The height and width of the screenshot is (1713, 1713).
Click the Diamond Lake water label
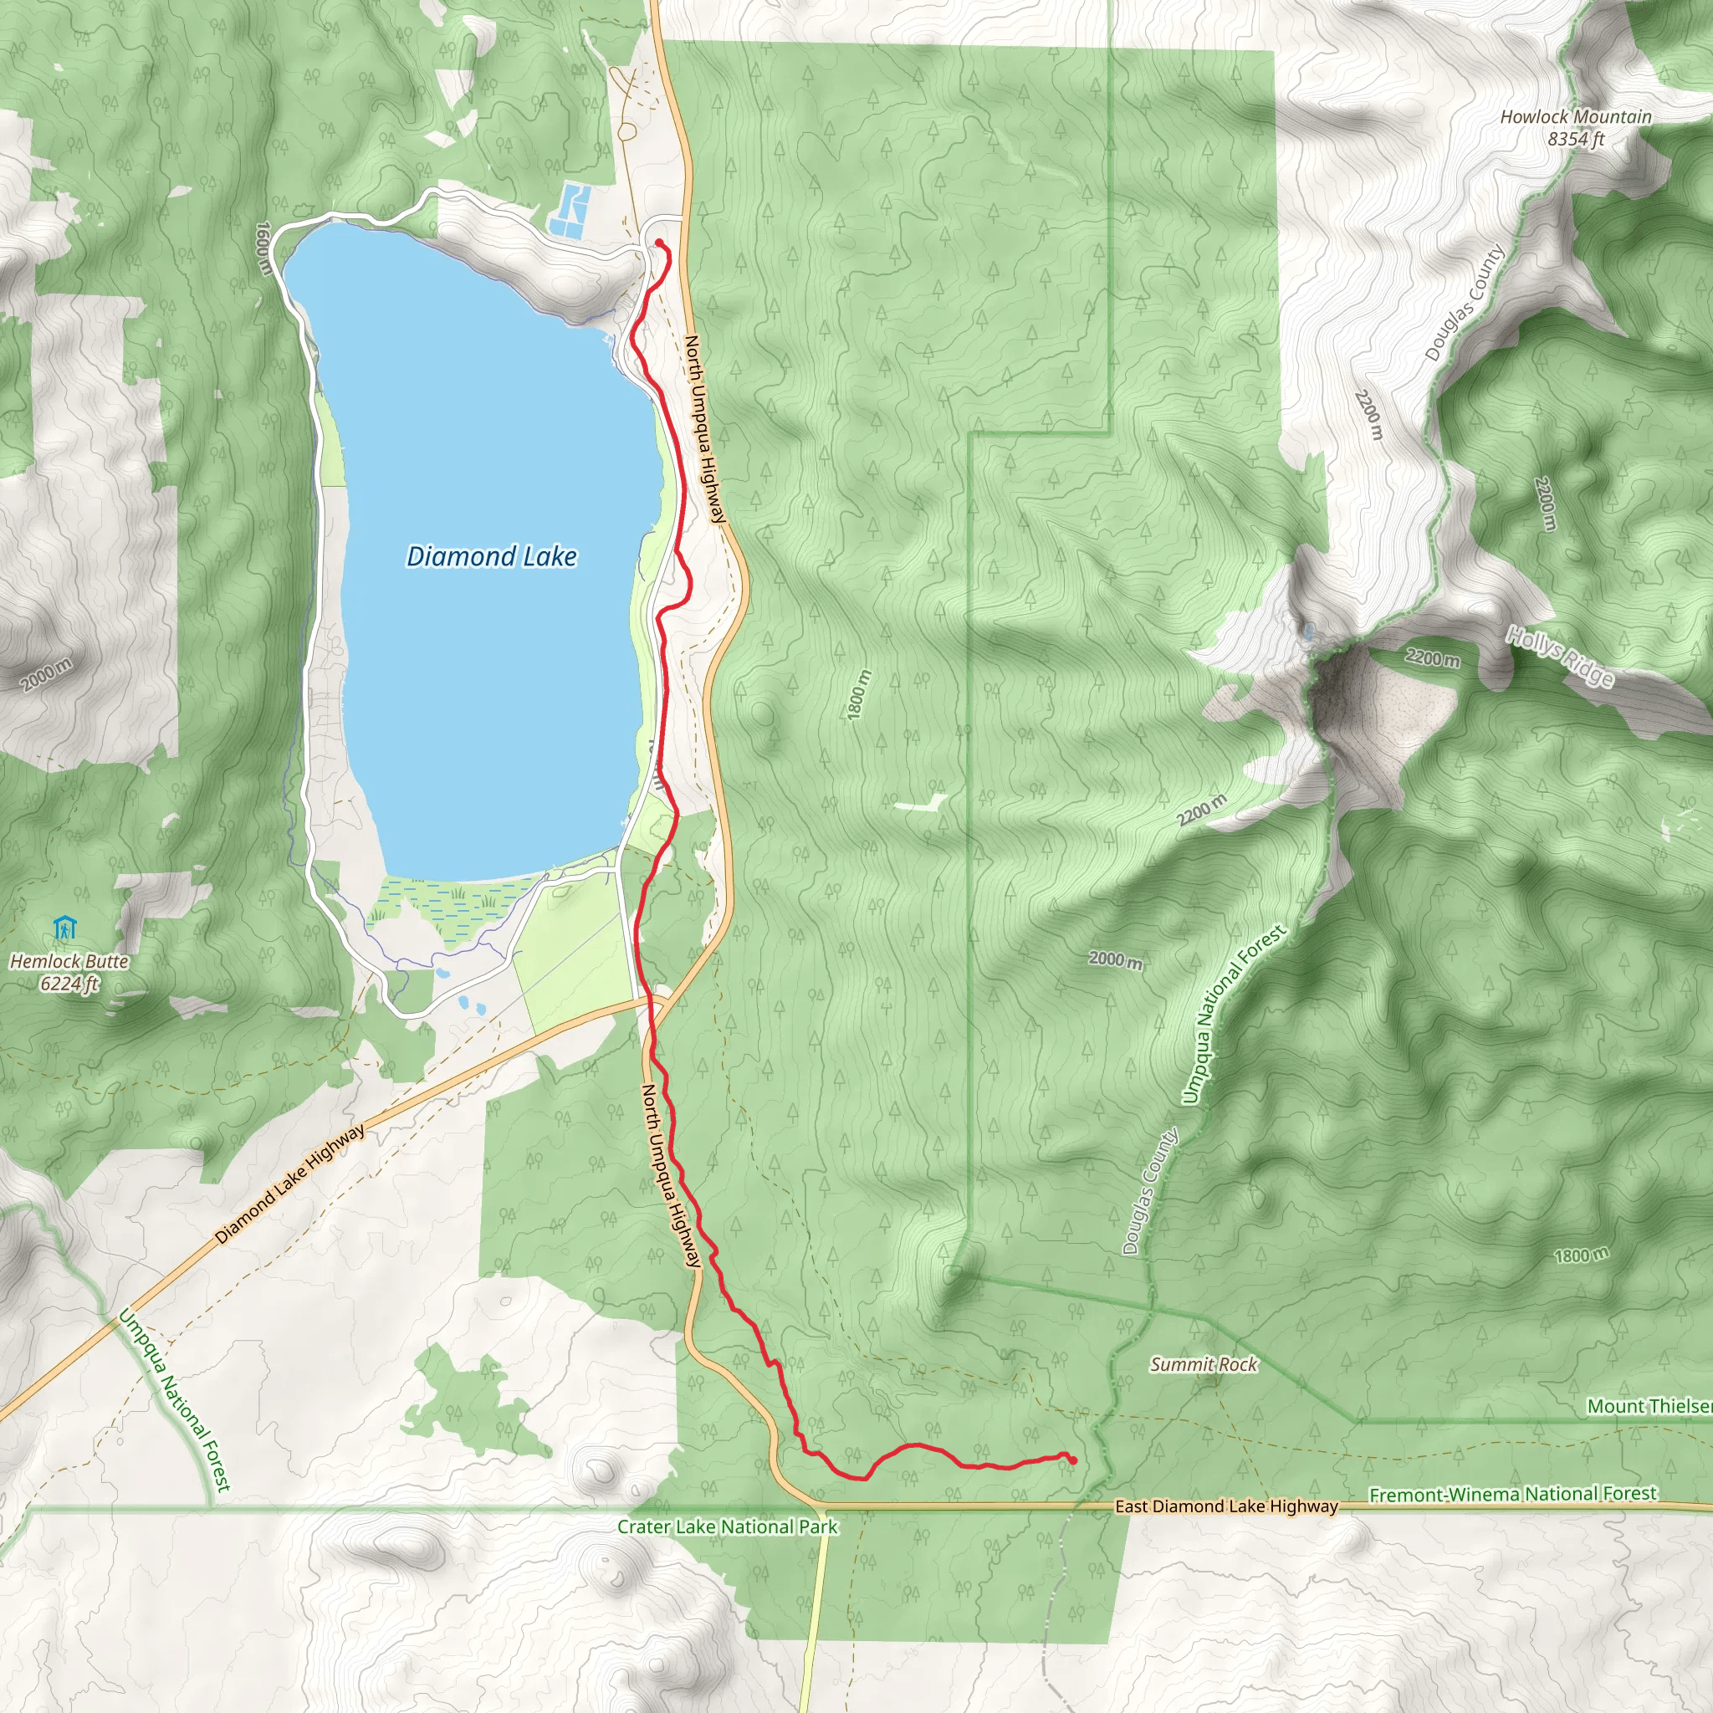click(491, 556)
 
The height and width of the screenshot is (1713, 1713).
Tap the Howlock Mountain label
click(1576, 116)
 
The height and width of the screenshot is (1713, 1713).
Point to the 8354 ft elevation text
click(1576, 139)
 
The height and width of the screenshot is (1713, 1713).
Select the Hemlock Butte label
click(69, 961)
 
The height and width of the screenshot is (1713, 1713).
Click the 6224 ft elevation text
click(69, 984)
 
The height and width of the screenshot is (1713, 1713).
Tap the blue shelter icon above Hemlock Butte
click(64, 928)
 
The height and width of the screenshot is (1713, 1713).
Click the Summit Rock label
click(1203, 1363)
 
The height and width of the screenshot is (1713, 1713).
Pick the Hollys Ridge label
click(1560, 656)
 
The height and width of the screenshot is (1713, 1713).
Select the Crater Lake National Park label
click(727, 1526)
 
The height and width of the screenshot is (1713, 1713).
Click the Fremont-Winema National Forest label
click(1512, 1494)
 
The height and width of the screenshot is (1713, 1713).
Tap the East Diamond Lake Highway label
click(1226, 1506)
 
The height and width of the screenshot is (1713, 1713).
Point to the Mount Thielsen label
click(1649, 1405)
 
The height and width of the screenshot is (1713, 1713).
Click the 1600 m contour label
click(263, 248)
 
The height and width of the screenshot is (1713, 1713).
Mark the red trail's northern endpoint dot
click(659, 243)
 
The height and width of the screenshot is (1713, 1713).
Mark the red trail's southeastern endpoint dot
click(1073, 1460)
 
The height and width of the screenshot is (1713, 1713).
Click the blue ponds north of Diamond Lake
click(568, 209)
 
